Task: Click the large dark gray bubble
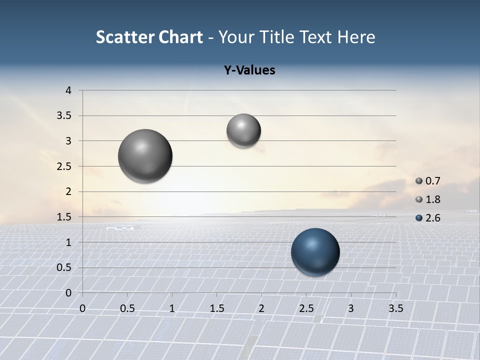coord(145,156)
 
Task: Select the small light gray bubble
coord(243,130)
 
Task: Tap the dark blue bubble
coord(315,252)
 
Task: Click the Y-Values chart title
coord(249,70)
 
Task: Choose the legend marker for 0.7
coord(419,181)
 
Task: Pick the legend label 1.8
coord(432,199)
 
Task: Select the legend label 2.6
coord(432,218)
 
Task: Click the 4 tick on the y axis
coord(68,90)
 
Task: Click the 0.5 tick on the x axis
coord(127,308)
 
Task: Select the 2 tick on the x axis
coord(261,308)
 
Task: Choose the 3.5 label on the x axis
coord(395,308)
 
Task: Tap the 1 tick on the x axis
coord(172,308)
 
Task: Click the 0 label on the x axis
coord(82,308)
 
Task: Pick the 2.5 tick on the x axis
coord(306,308)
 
